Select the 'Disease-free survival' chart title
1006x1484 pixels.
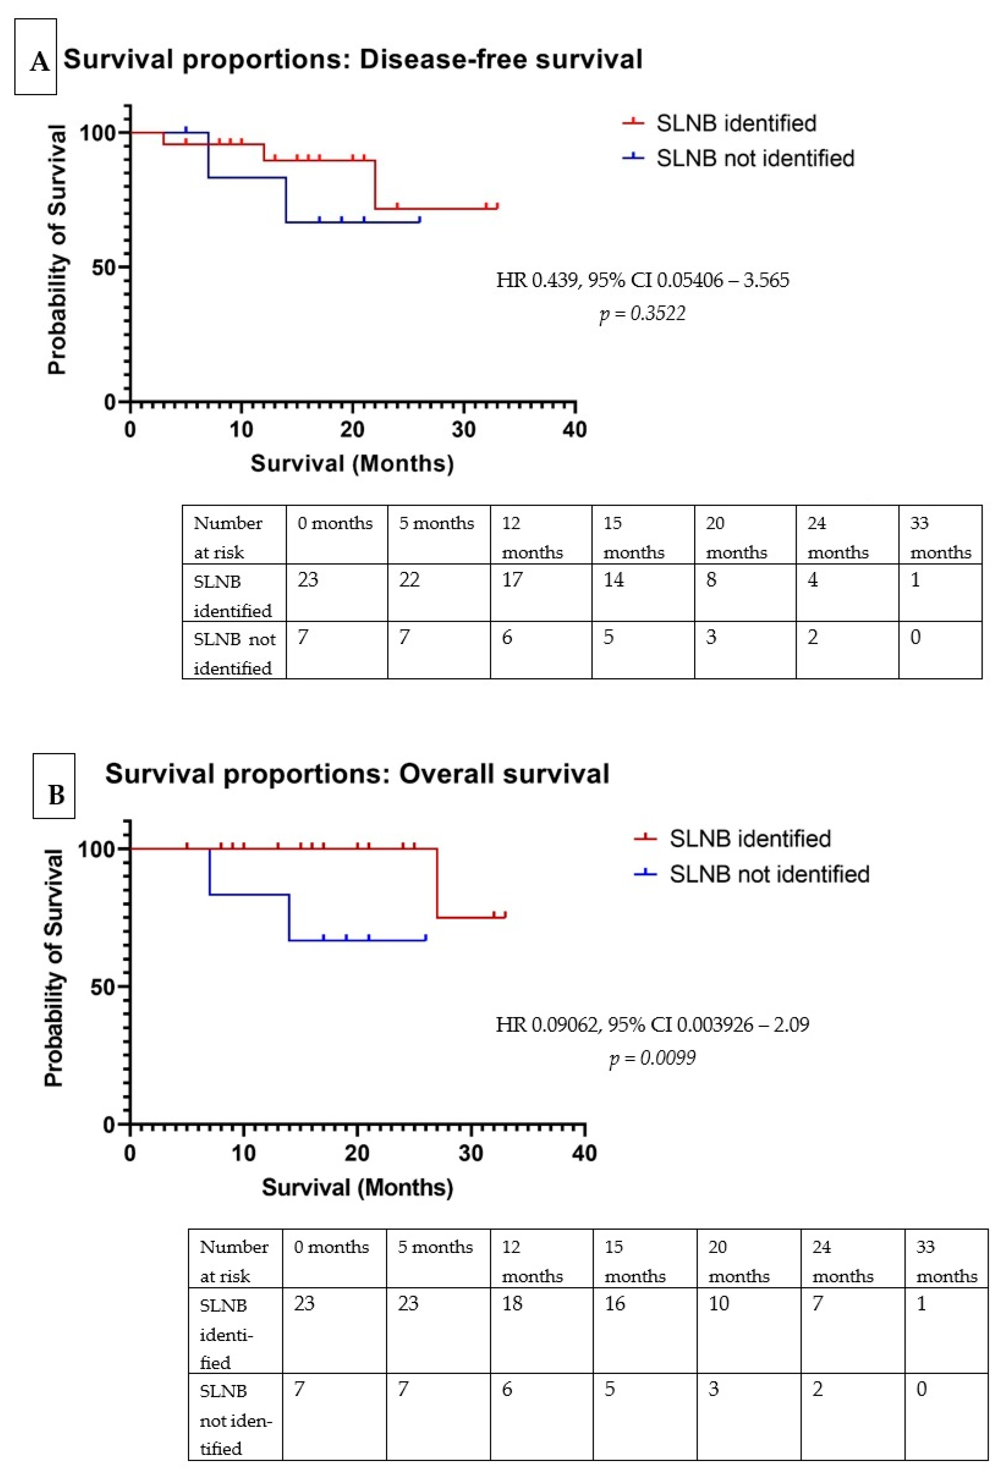click(x=352, y=60)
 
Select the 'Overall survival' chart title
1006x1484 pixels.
click(x=357, y=774)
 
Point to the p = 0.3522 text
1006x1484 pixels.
click(x=642, y=314)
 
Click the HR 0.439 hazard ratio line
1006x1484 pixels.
click(x=642, y=280)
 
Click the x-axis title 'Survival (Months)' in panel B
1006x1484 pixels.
click(x=357, y=1188)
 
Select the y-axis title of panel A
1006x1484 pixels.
click(x=57, y=249)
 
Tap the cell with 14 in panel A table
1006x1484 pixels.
click(x=614, y=580)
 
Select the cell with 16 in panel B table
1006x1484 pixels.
click(x=614, y=1303)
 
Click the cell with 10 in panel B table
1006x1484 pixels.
click(x=719, y=1303)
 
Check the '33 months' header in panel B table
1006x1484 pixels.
click(x=946, y=1261)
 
